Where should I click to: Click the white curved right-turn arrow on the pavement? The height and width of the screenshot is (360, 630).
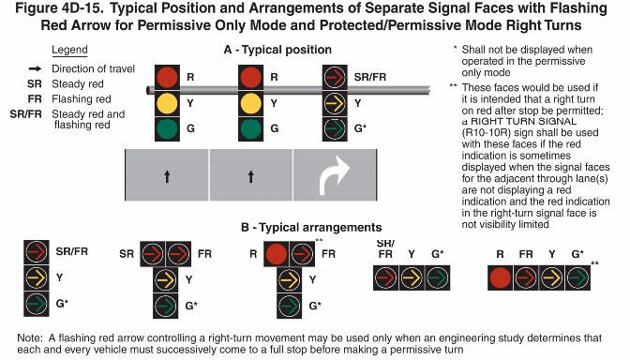(x=329, y=177)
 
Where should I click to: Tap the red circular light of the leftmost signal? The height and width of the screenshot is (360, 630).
(x=167, y=77)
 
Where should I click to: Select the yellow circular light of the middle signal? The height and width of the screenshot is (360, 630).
(x=250, y=103)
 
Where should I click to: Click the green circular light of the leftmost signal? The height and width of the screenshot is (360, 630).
(x=167, y=128)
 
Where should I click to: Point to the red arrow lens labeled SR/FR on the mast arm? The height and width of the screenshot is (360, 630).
(x=335, y=77)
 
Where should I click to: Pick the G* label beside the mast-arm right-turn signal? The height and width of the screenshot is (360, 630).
(x=360, y=128)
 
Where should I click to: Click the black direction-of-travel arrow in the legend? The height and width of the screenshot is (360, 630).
(x=35, y=68)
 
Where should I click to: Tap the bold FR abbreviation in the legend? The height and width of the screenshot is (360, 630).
(x=35, y=98)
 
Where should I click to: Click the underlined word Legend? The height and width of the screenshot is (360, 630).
(x=69, y=51)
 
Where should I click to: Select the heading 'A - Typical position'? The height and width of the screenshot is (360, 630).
(x=277, y=50)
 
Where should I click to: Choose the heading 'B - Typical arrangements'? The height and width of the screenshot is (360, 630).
(x=311, y=228)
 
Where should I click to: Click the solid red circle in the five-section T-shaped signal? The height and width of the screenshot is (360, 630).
(x=277, y=254)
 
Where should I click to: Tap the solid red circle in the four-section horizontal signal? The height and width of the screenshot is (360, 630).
(x=501, y=278)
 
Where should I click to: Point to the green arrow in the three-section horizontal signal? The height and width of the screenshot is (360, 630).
(x=437, y=277)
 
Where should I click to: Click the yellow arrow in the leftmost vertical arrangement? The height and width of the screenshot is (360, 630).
(x=37, y=278)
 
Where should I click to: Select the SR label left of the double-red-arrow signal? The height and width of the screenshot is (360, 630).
(x=127, y=254)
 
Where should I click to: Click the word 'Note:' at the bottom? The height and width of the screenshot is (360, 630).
(x=29, y=338)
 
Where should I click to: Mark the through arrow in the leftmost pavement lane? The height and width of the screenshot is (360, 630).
(x=167, y=176)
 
